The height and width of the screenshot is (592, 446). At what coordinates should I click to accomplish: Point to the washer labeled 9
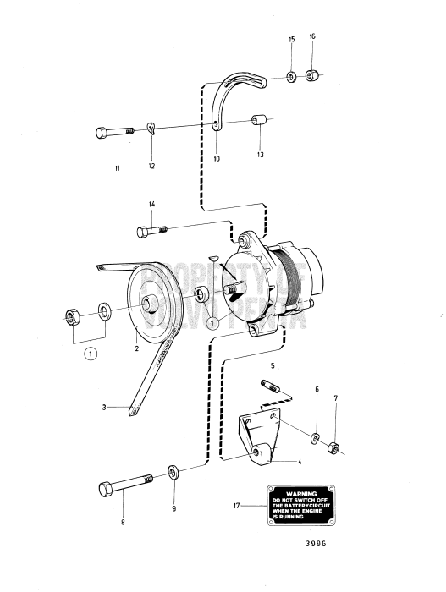coord(172,471)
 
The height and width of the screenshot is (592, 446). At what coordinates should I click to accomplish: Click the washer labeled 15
coord(290,77)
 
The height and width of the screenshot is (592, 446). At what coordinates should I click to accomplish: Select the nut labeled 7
coord(334,446)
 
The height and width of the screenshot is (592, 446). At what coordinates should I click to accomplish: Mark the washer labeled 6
coord(314,437)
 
